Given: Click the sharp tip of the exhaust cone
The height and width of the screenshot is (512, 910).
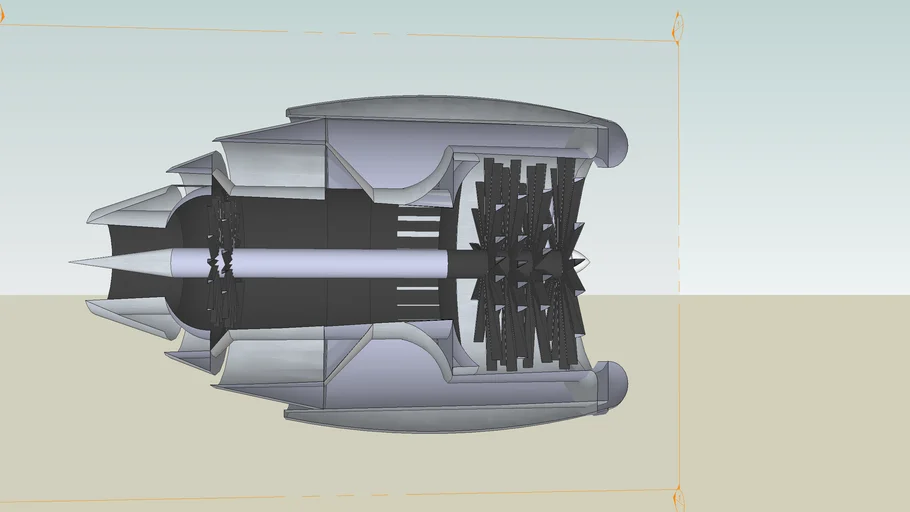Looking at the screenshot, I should (73, 262).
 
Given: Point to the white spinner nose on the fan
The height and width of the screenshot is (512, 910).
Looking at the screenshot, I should (583, 262).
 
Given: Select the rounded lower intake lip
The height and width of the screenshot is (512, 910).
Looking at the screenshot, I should (614, 384).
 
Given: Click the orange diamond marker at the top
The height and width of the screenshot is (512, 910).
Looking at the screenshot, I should (677, 27).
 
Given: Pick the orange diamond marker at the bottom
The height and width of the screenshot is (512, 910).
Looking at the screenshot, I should (677, 497).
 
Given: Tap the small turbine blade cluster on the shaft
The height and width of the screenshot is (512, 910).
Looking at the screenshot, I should (222, 262).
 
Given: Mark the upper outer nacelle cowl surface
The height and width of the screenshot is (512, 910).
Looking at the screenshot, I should (450, 110).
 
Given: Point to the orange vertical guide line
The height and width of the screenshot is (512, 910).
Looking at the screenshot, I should (679, 200).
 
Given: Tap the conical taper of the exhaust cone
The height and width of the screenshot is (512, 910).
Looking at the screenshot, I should (130, 262).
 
